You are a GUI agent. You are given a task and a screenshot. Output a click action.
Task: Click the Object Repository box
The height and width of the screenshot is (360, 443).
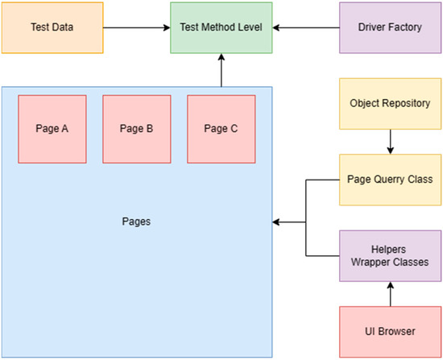tap(389, 104)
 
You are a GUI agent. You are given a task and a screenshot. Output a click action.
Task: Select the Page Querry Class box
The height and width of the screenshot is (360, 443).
tap(389, 180)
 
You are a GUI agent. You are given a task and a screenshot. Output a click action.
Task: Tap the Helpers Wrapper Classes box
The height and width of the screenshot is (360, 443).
tap(389, 256)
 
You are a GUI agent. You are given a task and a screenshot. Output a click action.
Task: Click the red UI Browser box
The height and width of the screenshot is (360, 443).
tap(389, 332)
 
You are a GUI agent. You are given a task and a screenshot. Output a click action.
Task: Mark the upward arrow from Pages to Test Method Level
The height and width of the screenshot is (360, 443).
tap(221, 71)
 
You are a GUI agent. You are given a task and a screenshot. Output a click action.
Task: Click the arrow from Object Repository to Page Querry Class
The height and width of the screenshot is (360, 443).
tap(389, 142)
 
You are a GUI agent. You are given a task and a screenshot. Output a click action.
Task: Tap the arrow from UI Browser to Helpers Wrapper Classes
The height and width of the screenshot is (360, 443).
tap(389, 294)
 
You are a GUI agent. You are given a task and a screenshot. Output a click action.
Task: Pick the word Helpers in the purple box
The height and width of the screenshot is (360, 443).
tap(389, 250)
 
